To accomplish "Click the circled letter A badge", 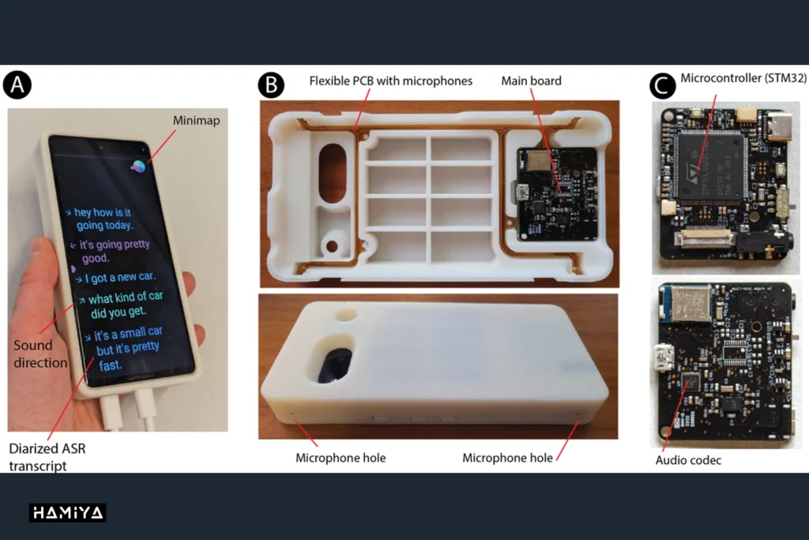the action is click(x=17, y=85).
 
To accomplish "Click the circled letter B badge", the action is click(x=271, y=85).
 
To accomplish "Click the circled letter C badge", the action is click(x=663, y=85).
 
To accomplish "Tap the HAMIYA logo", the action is click(x=68, y=512).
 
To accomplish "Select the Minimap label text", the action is click(x=196, y=120).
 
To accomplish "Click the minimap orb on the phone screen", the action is click(x=138, y=166).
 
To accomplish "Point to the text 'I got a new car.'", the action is click(x=120, y=278).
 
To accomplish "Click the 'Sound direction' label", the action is click(x=40, y=353).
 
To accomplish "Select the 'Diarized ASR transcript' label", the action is click(x=47, y=457).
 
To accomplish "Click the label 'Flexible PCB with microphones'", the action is click(x=390, y=81).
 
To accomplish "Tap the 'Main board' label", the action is click(x=532, y=81).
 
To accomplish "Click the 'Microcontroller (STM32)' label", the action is click(x=743, y=78).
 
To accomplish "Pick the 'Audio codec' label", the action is click(x=688, y=460).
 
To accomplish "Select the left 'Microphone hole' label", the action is click(x=341, y=458).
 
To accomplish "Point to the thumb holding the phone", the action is click(x=45, y=270).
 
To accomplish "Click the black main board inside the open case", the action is click(x=557, y=194).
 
